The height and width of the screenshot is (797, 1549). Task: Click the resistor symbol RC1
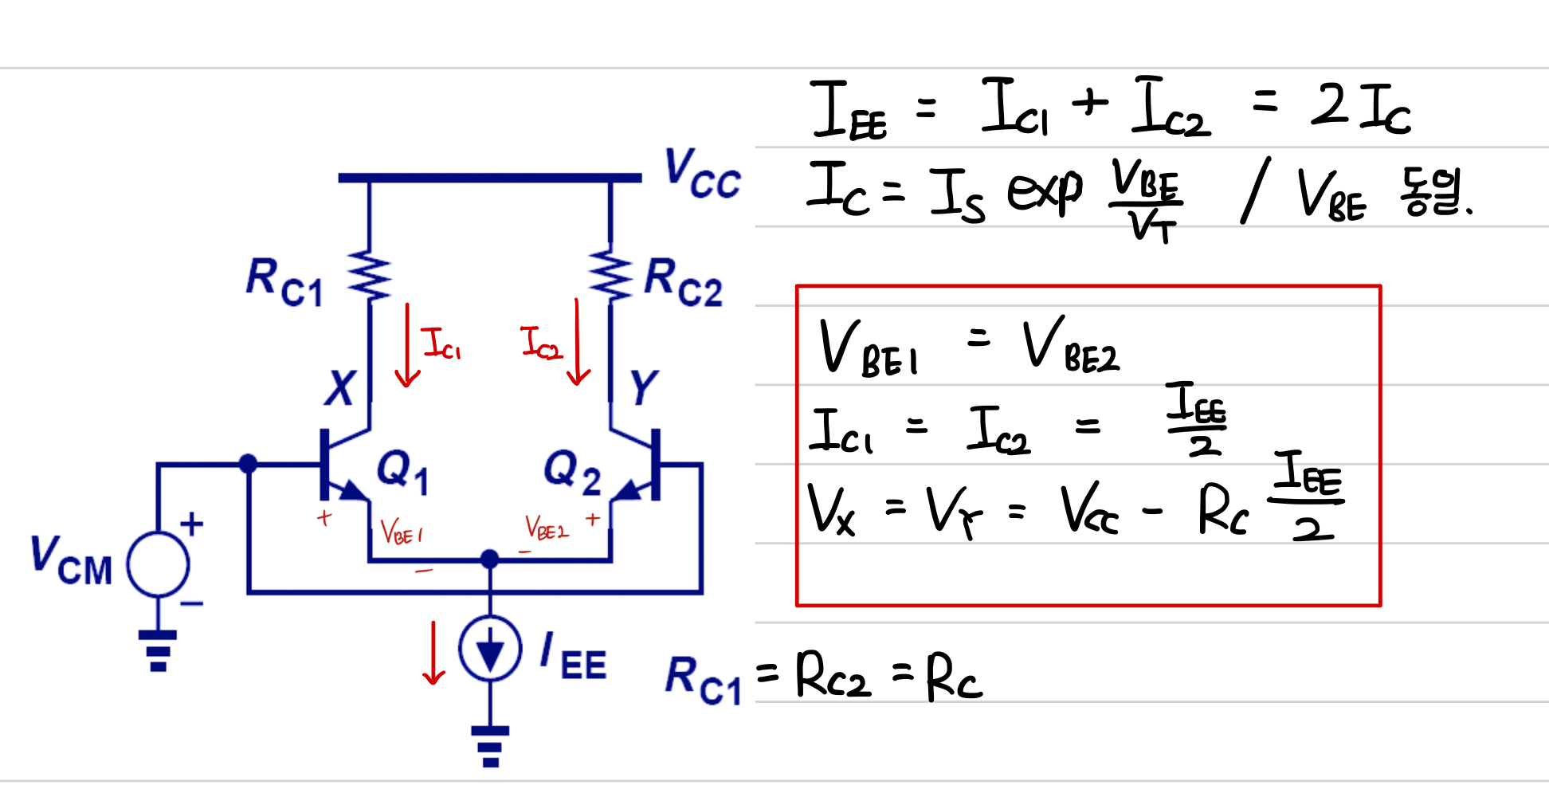(370, 276)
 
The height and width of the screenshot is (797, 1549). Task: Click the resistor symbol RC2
(610, 276)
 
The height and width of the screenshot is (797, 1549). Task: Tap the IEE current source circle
(490, 648)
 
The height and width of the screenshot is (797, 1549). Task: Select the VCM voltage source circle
(159, 564)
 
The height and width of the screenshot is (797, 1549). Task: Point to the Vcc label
(702, 173)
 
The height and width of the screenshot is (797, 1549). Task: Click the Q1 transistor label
(402, 470)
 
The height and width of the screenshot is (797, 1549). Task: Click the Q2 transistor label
(571, 470)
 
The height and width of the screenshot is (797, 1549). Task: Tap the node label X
(340, 388)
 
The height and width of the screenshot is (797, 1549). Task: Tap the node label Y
(642, 388)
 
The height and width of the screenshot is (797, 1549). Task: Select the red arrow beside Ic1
(407, 344)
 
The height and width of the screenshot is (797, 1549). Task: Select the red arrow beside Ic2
(578, 343)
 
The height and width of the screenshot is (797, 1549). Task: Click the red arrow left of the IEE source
(433, 653)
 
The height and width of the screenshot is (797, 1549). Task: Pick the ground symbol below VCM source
(158, 650)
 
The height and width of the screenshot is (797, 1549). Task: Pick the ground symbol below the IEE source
(490, 746)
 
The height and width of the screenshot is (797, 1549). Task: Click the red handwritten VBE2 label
(547, 528)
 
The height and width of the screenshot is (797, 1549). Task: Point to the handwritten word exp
(1045, 191)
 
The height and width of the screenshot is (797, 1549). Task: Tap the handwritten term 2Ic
(1360, 108)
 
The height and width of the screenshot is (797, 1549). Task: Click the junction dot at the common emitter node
(490, 559)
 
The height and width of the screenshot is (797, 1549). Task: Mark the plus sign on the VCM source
(191, 524)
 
